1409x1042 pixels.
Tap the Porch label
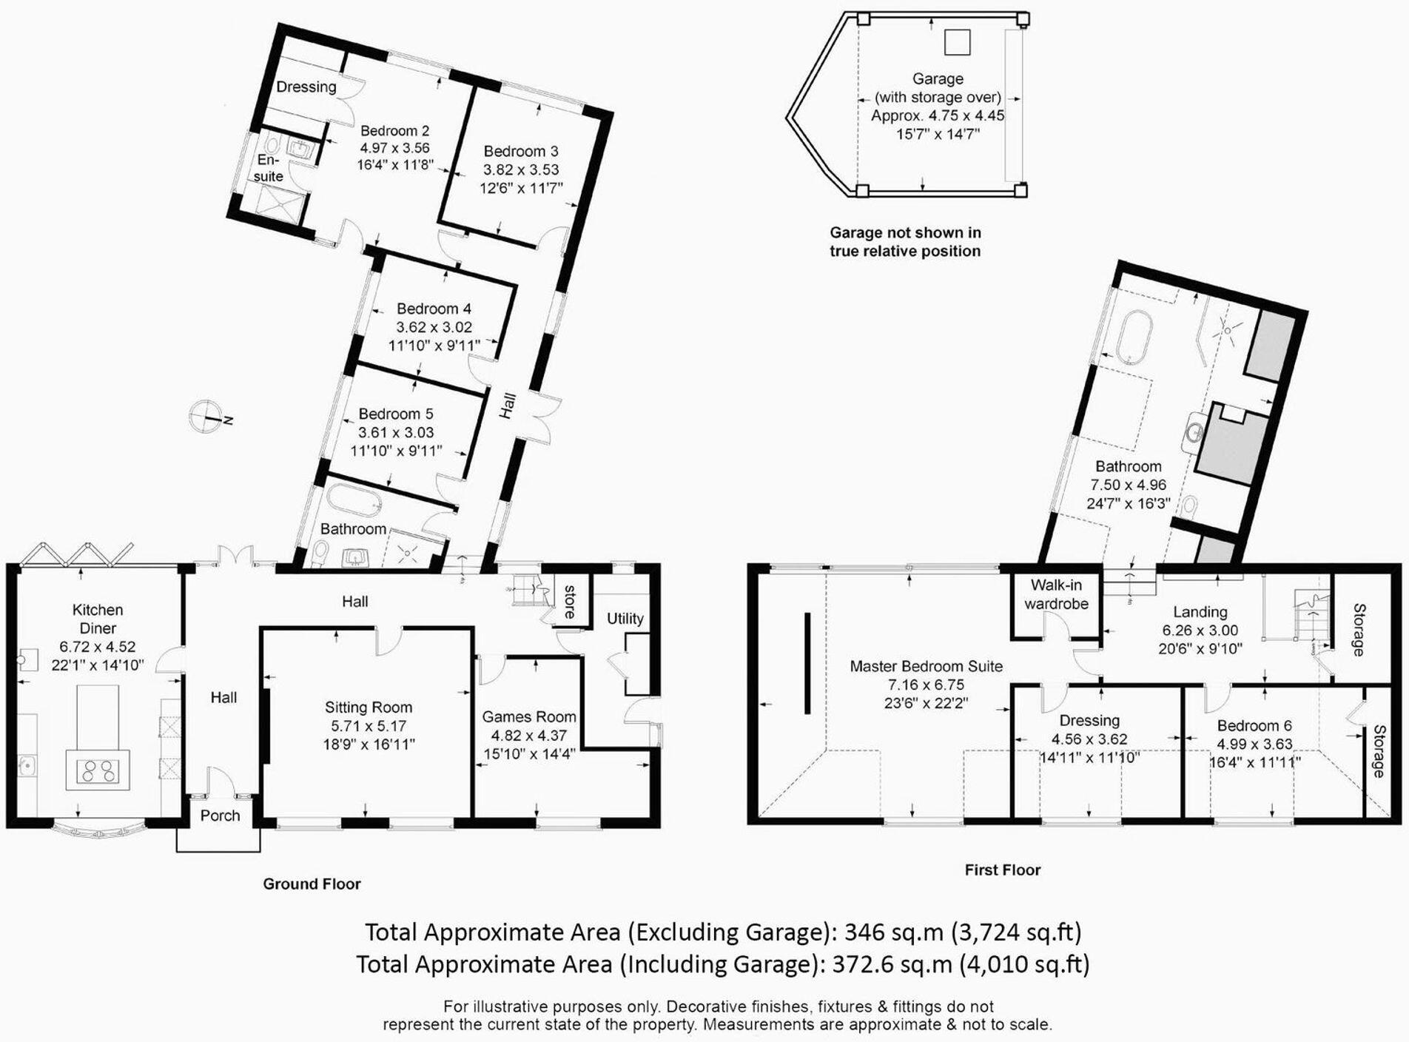(x=220, y=815)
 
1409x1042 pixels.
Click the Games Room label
(x=528, y=716)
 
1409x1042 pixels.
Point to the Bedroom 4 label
(x=434, y=309)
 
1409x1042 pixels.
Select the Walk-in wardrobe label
(x=1056, y=594)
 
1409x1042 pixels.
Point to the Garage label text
(x=938, y=78)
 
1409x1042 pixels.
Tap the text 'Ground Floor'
(x=312, y=884)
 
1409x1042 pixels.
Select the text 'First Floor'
(x=1002, y=870)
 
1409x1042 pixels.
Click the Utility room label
(x=625, y=618)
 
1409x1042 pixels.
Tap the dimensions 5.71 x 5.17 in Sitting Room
(x=369, y=726)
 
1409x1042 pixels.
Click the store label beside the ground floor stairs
(x=570, y=602)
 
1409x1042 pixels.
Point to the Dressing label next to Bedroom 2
(x=306, y=87)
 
